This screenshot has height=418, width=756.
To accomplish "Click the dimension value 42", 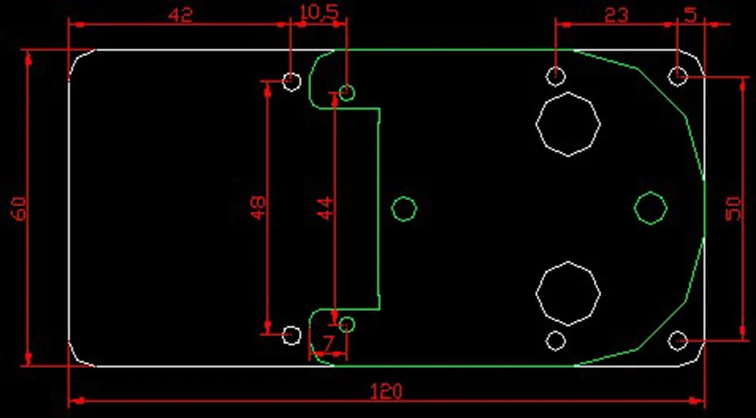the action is [x=181, y=15].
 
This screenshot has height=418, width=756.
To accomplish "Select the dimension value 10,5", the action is [x=318, y=12].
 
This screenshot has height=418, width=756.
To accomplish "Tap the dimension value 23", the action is [x=616, y=16].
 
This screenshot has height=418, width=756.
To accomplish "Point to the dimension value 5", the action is [x=691, y=15].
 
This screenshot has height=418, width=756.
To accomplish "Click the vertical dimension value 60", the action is [x=20, y=208].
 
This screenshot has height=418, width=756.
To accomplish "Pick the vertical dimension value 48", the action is [x=258, y=207].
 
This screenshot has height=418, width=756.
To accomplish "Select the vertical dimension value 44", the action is [x=326, y=208].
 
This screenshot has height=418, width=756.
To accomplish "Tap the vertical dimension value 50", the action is [x=733, y=208].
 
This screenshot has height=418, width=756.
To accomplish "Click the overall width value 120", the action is [x=385, y=392].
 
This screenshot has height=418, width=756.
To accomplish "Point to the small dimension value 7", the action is [x=329, y=344].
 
